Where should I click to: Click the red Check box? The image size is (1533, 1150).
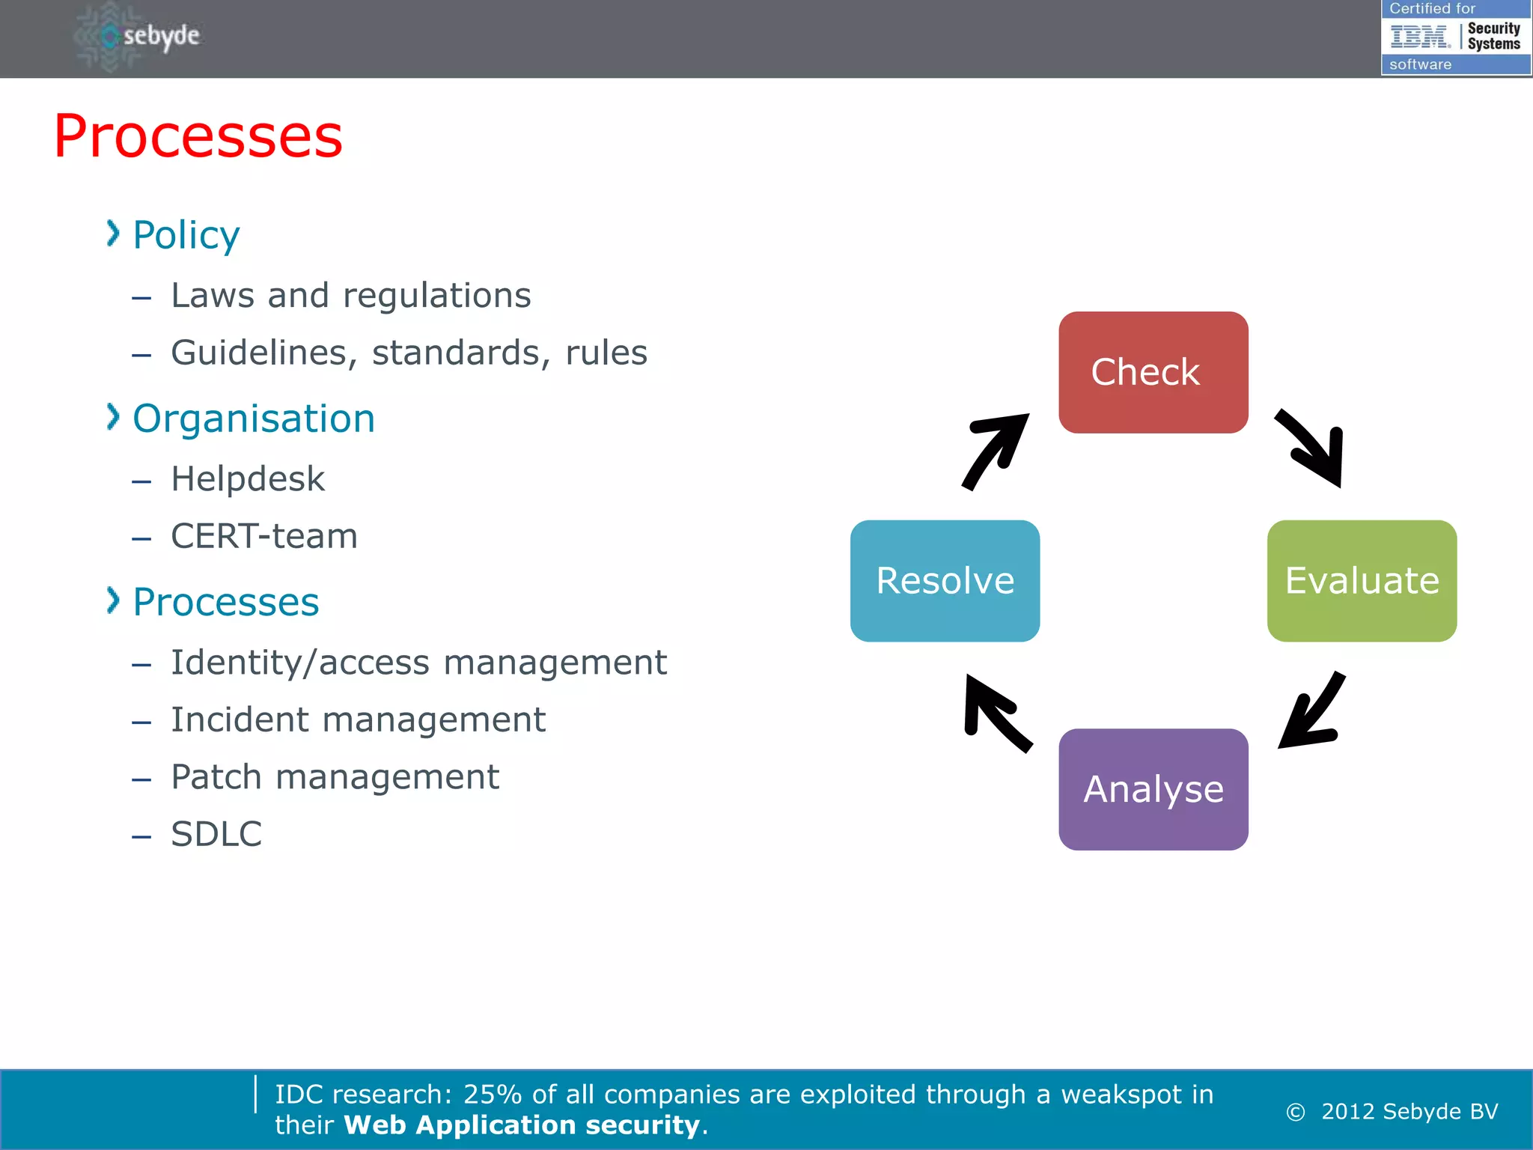[x=1153, y=372]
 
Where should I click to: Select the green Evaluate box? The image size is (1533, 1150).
[x=1362, y=580]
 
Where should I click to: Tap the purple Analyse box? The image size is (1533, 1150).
[x=1153, y=789]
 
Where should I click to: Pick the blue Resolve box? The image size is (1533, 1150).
[x=945, y=580]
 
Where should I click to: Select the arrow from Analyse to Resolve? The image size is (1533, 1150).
[x=996, y=713]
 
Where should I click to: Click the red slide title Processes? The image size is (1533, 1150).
[x=198, y=136]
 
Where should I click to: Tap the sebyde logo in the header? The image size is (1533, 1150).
[x=142, y=36]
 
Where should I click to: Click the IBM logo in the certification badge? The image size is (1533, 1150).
[x=1419, y=36]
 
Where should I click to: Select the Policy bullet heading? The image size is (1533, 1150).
[x=186, y=235]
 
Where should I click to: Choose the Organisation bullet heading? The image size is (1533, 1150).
[x=253, y=419]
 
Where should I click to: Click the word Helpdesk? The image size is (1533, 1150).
[x=248, y=479]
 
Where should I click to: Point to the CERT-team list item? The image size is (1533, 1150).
[x=264, y=536]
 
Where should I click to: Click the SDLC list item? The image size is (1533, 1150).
[x=216, y=834]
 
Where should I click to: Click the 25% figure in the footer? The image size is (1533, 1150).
[x=492, y=1095]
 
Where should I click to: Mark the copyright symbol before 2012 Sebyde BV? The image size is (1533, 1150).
[x=1296, y=1113]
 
